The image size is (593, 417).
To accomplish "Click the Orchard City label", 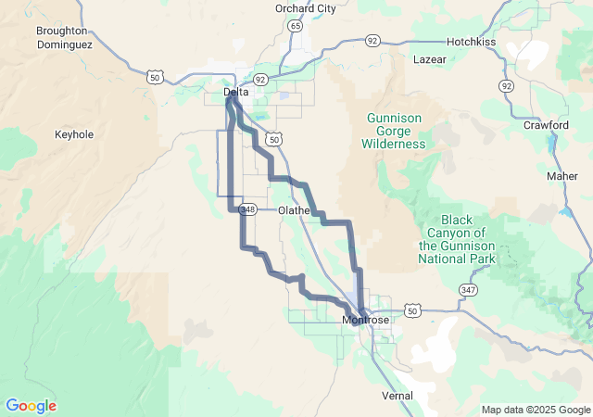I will [305, 8].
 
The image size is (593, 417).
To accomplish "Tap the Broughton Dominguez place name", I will [62, 37].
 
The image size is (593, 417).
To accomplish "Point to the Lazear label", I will [429, 59].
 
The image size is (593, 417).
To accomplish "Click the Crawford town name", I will [546, 125].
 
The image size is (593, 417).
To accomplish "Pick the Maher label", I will [561, 176].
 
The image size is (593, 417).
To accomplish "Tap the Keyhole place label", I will [74, 134].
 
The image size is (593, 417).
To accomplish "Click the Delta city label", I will [234, 93].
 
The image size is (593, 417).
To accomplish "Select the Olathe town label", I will [294, 210].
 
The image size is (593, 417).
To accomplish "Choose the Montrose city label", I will [366, 321].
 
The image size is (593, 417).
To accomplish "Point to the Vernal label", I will [397, 396].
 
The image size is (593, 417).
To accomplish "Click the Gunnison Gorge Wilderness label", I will [396, 131].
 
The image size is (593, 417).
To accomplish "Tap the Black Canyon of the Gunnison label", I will [457, 239].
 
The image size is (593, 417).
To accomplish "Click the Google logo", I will [31, 406].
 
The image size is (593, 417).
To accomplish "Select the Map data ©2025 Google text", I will [535, 410].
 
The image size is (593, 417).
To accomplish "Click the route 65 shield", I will [295, 26].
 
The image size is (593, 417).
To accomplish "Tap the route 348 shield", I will [247, 210].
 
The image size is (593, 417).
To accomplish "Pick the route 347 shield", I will [469, 291].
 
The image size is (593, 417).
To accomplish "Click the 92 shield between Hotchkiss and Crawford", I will [506, 85].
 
